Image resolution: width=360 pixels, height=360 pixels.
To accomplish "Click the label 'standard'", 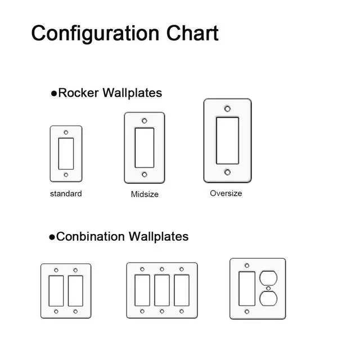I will (x=66, y=193).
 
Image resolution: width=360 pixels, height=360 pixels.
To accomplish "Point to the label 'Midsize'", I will (x=145, y=194).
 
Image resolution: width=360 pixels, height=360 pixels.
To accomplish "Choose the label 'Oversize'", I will (x=226, y=193).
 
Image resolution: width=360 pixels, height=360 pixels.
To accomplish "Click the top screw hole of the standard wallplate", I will (x=66, y=133).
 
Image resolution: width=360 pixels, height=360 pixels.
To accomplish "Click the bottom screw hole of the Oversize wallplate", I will (x=227, y=172).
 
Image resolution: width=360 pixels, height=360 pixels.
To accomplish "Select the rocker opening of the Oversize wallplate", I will (x=227, y=141).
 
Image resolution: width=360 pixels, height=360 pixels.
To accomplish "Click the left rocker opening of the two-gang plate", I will (x=56, y=290).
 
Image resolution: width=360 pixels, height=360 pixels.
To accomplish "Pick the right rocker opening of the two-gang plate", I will (x=75, y=290).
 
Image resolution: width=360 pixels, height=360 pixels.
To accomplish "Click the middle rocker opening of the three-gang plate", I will (x=162, y=290).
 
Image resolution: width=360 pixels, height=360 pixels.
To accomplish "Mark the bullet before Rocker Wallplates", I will (x=54, y=93).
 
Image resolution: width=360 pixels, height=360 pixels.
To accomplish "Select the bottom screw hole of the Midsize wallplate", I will (x=145, y=175).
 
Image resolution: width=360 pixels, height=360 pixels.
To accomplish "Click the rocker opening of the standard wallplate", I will (x=66, y=154).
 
